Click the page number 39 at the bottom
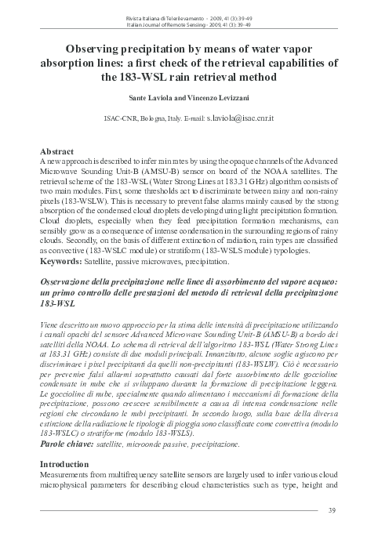point(333,512)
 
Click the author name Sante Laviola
point(148,101)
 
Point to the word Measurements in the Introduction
point(74,475)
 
